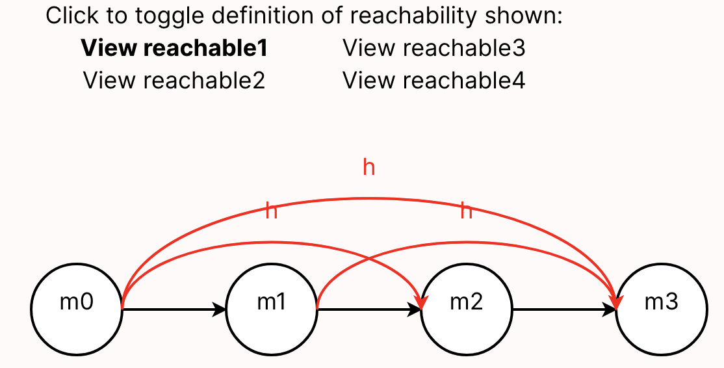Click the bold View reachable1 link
pyautogui.click(x=174, y=48)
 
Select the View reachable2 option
pyautogui.click(x=174, y=81)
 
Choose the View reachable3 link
pyautogui.click(x=433, y=48)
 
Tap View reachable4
pyautogui.click(x=433, y=81)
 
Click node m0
pyautogui.click(x=77, y=304)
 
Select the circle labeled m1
pyautogui.click(x=272, y=304)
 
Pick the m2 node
pyautogui.click(x=466, y=304)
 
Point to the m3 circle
pyautogui.click(x=661, y=304)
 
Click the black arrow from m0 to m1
pyautogui.click(x=172, y=310)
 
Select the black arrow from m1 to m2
pyautogui.click(x=367, y=310)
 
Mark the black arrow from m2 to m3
pyautogui.click(x=562, y=310)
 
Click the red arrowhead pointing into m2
pyautogui.click(x=422, y=301)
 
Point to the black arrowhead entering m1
pyautogui.click(x=220, y=310)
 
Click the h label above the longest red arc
pyautogui.click(x=368, y=168)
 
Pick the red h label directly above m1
pyautogui.click(x=272, y=211)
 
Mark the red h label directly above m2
pyautogui.click(x=466, y=211)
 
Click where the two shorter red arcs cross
pyautogui.click(x=369, y=258)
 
